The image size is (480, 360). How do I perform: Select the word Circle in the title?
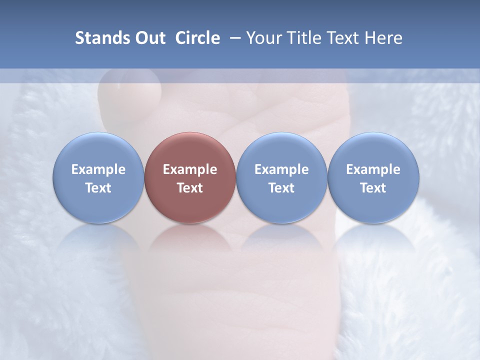click(197, 38)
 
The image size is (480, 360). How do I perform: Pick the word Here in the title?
click(384, 38)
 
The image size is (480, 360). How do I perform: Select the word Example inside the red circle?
click(190, 169)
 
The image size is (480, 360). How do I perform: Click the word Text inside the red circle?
click(190, 188)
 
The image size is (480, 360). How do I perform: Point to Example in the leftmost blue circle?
click(98, 169)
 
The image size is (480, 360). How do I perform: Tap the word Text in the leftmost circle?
click(98, 188)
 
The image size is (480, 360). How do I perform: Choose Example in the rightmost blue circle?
click(373, 169)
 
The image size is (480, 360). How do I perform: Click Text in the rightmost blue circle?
click(373, 188)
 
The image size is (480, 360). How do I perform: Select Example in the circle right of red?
click(281, 169)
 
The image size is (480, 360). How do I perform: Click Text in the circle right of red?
click(281, 188)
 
